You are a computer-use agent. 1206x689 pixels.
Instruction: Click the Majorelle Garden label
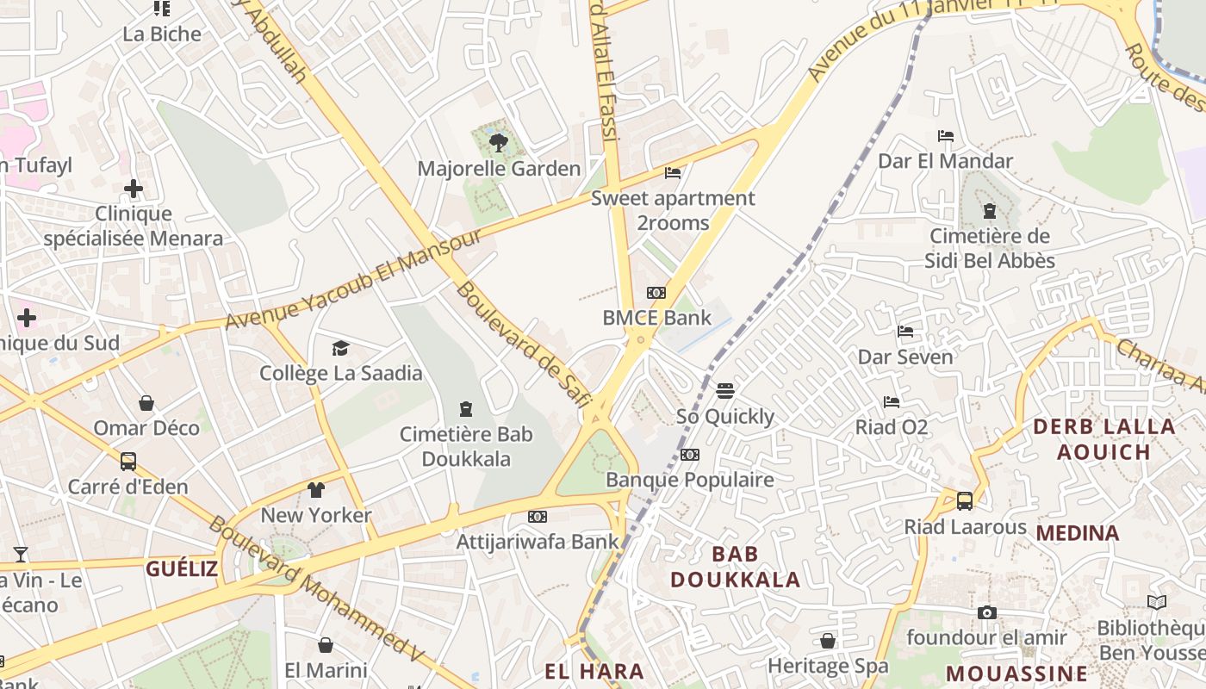[499, 168]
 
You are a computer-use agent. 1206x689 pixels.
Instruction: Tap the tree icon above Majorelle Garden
[498, 143]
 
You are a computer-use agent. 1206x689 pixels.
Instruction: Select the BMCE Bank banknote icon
[656, 293]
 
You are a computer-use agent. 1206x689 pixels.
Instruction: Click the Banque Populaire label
[690, 480]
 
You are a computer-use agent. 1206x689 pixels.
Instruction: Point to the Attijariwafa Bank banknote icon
[538, 517]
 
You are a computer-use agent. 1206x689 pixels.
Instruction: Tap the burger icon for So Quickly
[725, 391]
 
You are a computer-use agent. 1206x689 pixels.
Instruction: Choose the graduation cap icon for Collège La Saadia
[341, 348]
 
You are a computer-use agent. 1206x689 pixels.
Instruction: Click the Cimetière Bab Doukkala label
[466, 446]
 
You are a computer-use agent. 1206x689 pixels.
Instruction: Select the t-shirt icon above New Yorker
[316, 490]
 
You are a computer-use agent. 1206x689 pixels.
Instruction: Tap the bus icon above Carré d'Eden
[128, 462]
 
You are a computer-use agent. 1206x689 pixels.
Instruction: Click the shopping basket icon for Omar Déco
[146, 403]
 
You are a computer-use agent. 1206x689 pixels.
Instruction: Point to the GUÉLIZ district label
[181, 568]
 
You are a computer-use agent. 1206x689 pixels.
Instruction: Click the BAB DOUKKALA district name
[736, 566]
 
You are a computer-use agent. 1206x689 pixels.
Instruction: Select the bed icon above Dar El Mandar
[945, 136]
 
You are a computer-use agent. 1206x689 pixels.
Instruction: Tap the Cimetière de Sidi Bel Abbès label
[990, 248]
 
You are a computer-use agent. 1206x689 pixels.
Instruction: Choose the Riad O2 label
[892, 427]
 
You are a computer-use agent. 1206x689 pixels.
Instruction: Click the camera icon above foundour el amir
[987, 612]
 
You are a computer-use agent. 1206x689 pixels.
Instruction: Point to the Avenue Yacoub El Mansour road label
[353, 279]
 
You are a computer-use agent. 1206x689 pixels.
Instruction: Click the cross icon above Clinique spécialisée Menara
[134, 189]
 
